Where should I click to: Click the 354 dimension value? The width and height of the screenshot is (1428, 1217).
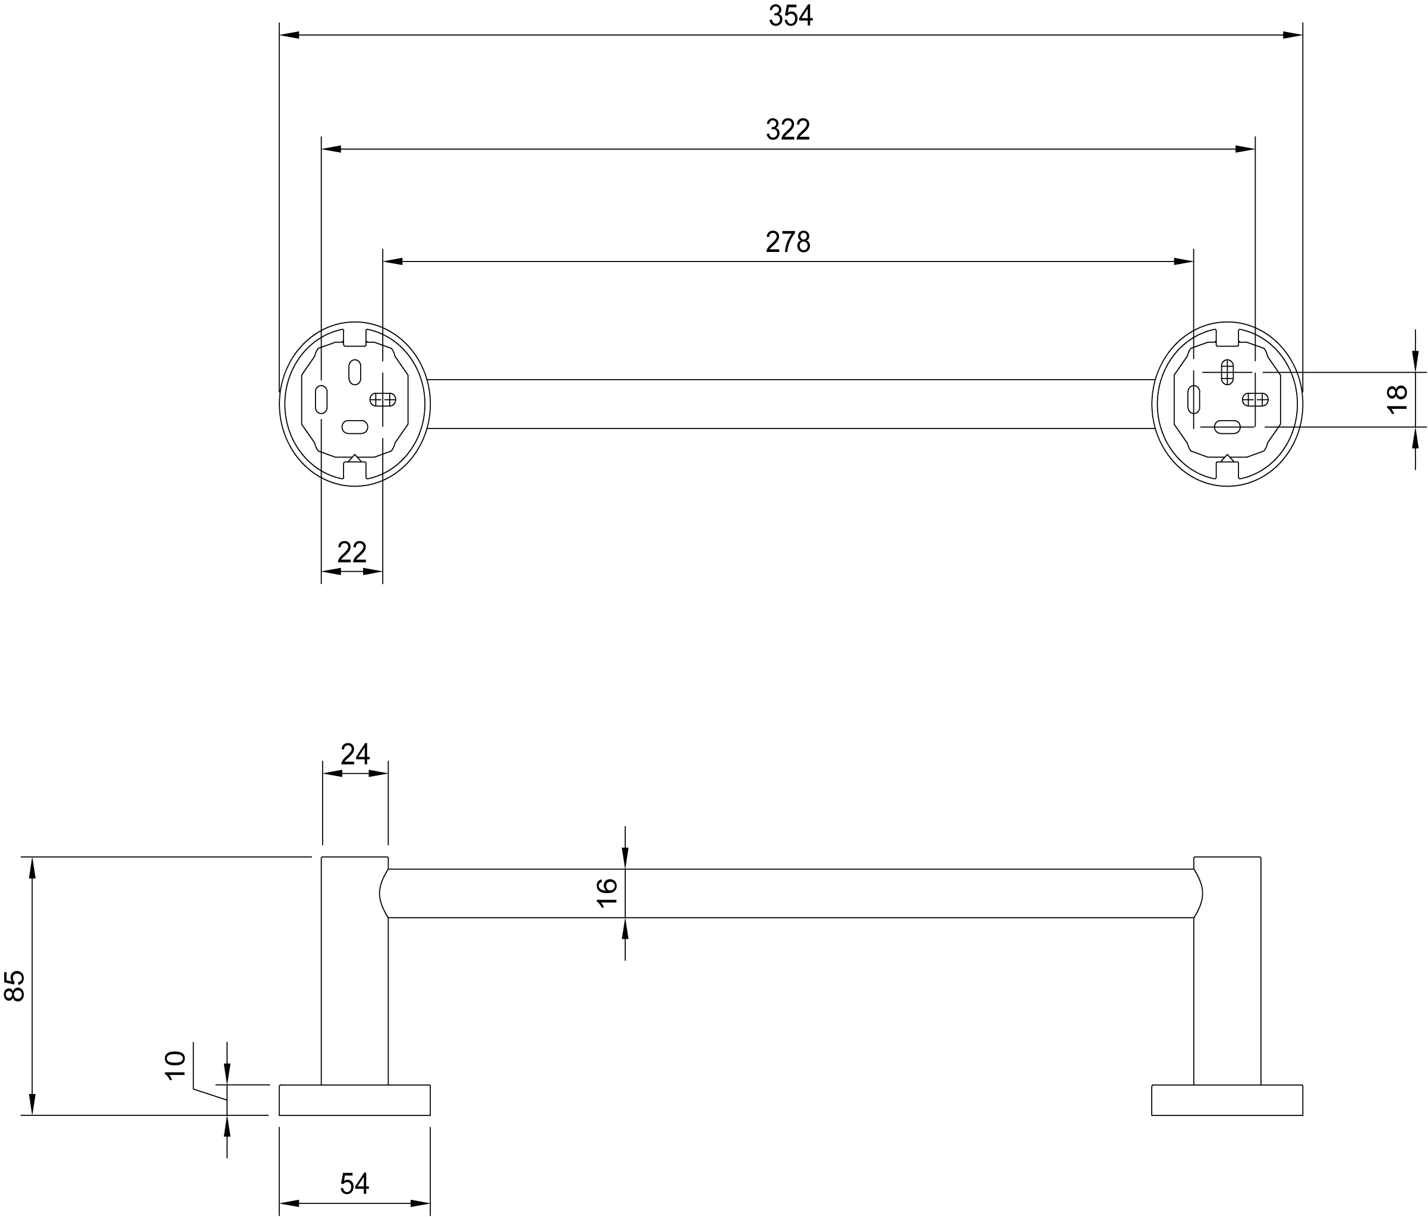click(790, 16)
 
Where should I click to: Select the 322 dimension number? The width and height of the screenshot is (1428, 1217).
click(788, 130)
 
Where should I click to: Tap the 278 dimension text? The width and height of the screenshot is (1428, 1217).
click(788, 242)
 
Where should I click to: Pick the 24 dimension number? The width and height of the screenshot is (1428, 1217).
click(355, 755)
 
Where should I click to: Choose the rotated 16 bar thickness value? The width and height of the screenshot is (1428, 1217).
click(607, 893)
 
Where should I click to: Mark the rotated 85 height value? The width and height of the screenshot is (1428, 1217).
click(14, 985)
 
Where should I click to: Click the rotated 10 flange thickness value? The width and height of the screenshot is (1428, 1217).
click(176, 1065)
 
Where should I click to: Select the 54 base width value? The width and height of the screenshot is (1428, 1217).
click(354, 1184)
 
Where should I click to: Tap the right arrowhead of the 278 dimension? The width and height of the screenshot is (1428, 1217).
click(1183, 262)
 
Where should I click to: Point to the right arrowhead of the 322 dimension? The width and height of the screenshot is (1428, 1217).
click(1245, 149)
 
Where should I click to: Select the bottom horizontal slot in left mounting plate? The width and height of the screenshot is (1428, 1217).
click(355, 427)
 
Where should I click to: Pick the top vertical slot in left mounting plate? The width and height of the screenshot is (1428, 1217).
click(355, 372)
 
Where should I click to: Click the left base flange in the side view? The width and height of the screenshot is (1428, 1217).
click(354, 1100)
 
